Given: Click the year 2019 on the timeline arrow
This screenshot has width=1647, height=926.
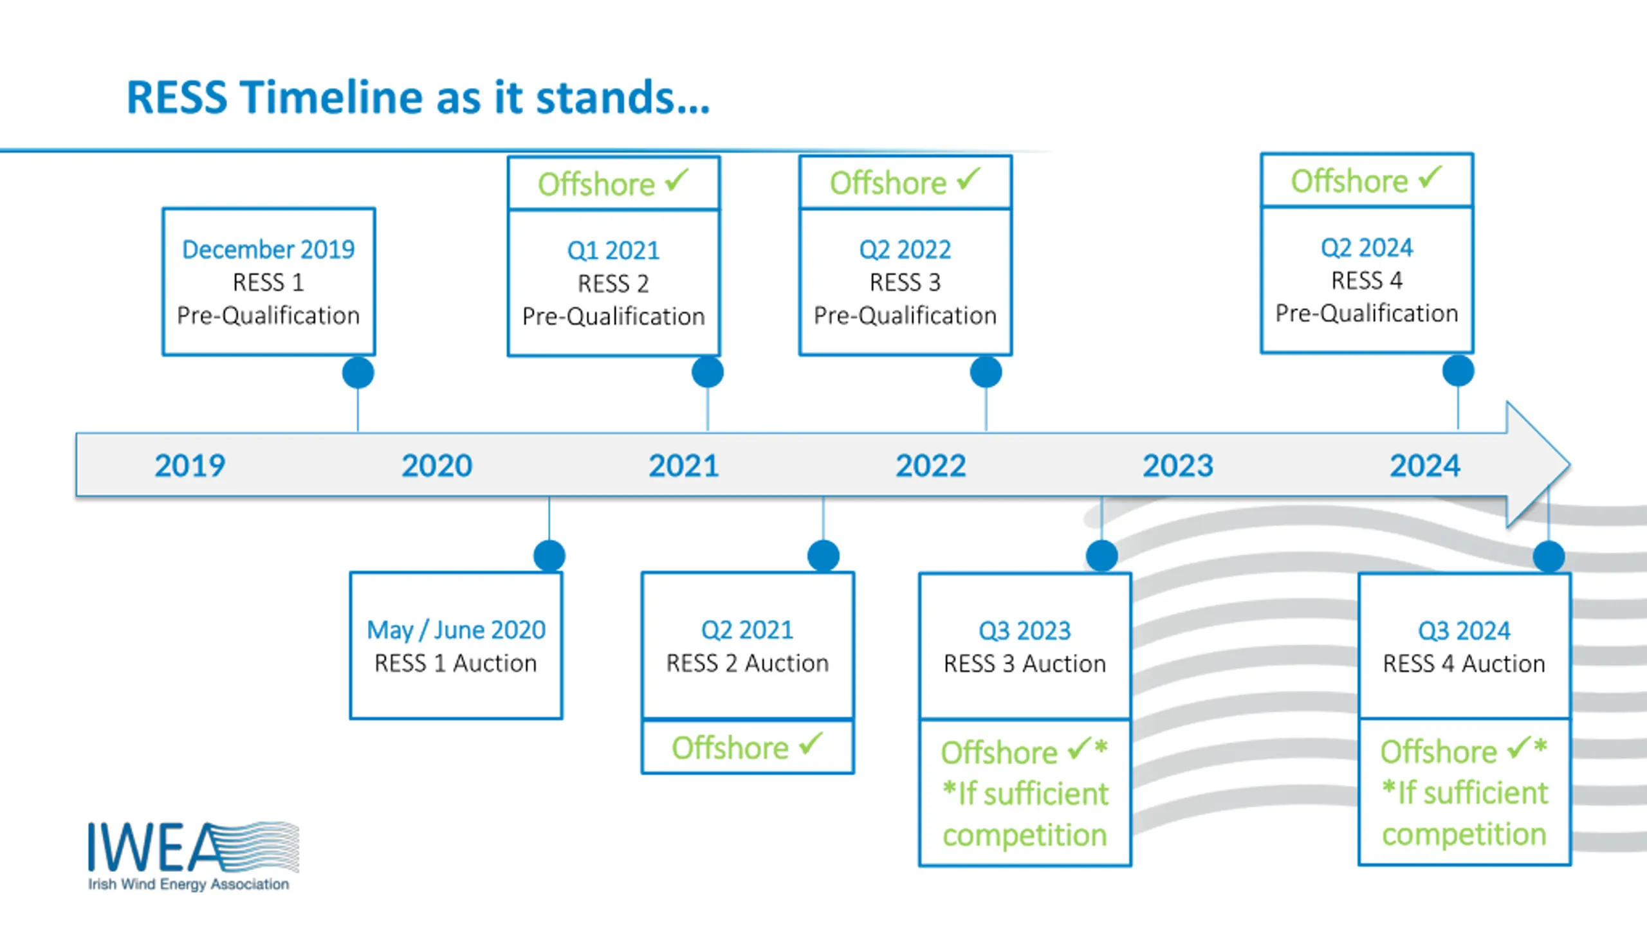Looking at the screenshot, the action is (190, 466).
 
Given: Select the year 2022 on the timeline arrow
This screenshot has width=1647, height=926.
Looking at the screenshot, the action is (931, 466).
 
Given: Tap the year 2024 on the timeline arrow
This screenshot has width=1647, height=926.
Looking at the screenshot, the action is (1425, 466).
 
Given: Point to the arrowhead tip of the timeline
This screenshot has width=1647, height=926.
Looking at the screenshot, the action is (1570, 464).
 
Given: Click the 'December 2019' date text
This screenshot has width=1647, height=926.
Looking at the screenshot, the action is (268, 250).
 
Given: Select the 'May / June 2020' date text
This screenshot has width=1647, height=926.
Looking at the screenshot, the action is (456, 630).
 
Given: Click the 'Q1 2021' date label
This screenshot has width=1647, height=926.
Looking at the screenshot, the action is (613, 251).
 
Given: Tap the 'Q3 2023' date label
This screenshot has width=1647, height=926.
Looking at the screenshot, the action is (1025, 631).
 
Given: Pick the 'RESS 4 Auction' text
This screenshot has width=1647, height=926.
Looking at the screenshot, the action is (1464, 664).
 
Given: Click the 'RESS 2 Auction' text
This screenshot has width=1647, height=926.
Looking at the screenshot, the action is (748, 663).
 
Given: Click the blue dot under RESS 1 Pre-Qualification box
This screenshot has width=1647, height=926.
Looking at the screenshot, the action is (358, 372).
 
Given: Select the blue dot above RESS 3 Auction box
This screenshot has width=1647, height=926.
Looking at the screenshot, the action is (1102, 556).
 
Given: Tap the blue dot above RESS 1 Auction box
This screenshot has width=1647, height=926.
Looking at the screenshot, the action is (549, 556).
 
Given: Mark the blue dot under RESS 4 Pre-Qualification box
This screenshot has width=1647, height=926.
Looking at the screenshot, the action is (1458, 371).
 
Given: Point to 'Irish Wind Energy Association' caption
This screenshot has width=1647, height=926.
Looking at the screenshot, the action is (189, 884).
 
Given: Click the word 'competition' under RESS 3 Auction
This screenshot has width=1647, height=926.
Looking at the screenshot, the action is (1025, 835).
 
